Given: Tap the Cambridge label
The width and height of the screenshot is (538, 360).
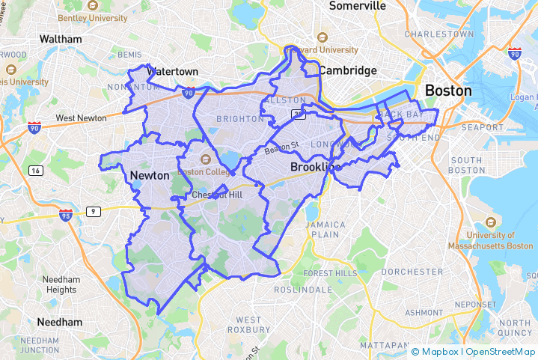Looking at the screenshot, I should tap(348, 70).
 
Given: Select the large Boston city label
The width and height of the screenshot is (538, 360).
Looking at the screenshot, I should tap(448, 91).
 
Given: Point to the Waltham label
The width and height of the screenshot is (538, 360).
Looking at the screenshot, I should tap(60, 38).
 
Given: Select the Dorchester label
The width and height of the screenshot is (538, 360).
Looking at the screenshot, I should tap(412, 272).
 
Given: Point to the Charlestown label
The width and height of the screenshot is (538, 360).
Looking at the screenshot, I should tap(438, 34).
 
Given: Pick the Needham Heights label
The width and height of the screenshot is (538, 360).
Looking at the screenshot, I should tap(61, 284).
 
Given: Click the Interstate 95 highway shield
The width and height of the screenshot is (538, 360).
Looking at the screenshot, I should tap(66, 216).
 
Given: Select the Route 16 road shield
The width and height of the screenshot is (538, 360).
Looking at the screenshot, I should tap(35, 171).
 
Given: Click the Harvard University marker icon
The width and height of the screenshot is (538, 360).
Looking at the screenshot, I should tap(323, 37).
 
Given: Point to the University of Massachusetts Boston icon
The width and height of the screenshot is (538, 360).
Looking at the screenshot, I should tap(490, 222).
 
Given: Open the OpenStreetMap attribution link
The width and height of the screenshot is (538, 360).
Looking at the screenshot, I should tap(501, 351).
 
